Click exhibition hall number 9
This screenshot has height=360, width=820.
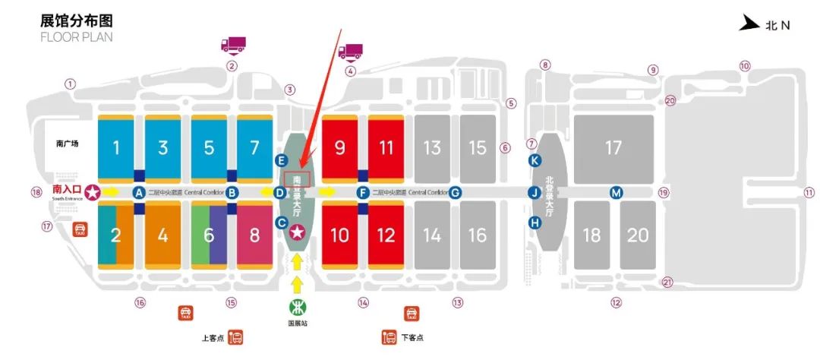coord(339,147)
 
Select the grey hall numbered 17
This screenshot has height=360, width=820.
coord(613,147)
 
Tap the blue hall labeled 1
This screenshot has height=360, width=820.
coord(116,147)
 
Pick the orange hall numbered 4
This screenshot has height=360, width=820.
coord(162,234)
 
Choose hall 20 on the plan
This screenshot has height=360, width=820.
coord(638,235)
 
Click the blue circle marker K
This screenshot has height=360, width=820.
coord(535,160)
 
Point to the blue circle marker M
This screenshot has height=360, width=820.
coord(617,193)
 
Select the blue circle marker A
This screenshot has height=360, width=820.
coord(139,193)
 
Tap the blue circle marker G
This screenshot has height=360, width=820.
coord(455,193)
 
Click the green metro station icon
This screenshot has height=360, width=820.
coord(297,308)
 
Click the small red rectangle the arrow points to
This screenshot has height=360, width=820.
coord(297,178)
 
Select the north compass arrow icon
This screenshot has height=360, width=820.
coord(750,24)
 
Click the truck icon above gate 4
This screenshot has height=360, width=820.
coord(350,52)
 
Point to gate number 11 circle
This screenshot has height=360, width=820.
coord(809,192)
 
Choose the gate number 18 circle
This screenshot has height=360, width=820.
coord(35,192)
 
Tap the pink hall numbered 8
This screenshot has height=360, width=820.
coord(254,234)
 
